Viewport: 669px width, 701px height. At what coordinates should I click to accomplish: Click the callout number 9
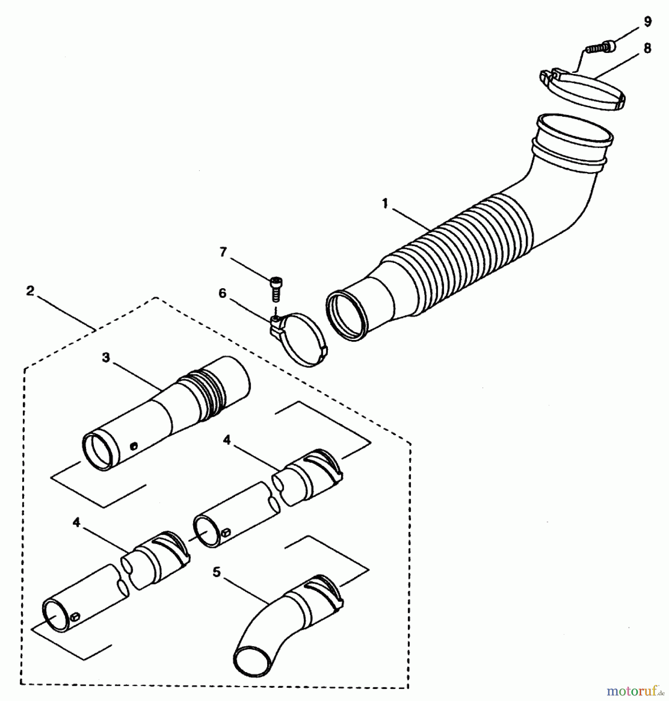click(648, 21)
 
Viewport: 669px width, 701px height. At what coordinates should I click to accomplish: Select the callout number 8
click(647, 48)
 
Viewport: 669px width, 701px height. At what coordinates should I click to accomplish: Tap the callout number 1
click(385, 203)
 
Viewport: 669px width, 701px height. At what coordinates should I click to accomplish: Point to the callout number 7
click(223, 252)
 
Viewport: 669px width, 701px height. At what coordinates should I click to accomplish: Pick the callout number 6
click(222, 293)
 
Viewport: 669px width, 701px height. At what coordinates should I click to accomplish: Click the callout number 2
click(30, 291)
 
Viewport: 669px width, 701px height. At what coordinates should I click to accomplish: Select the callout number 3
click(106, 358)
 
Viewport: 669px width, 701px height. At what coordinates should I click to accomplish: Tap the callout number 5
click(217, 572)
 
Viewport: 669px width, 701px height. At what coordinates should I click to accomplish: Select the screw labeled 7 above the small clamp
click(276, 288)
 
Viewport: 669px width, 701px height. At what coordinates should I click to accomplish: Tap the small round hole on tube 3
click(134, 446)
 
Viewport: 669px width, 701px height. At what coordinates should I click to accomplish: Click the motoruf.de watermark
click(635, 691)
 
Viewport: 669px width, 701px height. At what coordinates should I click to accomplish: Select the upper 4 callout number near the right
click(227, 440)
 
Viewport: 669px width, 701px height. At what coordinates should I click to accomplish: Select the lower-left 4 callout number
click(76, 522)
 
